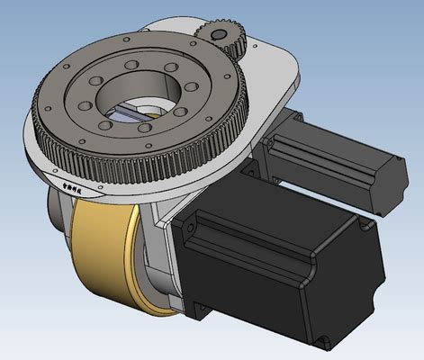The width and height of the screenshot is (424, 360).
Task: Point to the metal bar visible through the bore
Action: tap(135, 112)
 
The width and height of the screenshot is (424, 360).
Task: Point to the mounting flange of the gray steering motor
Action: tap(275, 144)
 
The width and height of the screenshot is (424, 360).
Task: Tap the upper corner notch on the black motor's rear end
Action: tap(365, 229)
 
